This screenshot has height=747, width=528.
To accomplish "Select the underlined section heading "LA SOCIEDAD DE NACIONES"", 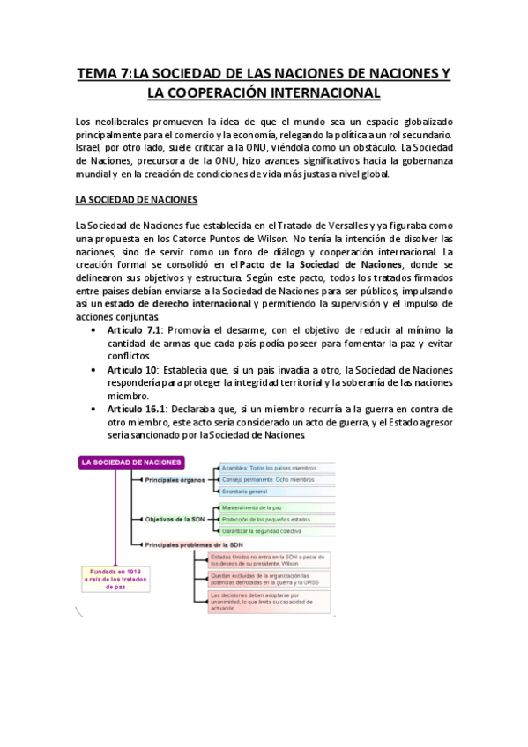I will coord(137,200).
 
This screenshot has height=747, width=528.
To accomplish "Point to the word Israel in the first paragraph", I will coord(90,147).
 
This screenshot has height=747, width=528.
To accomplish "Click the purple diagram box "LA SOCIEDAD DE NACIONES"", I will coord(131,462).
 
